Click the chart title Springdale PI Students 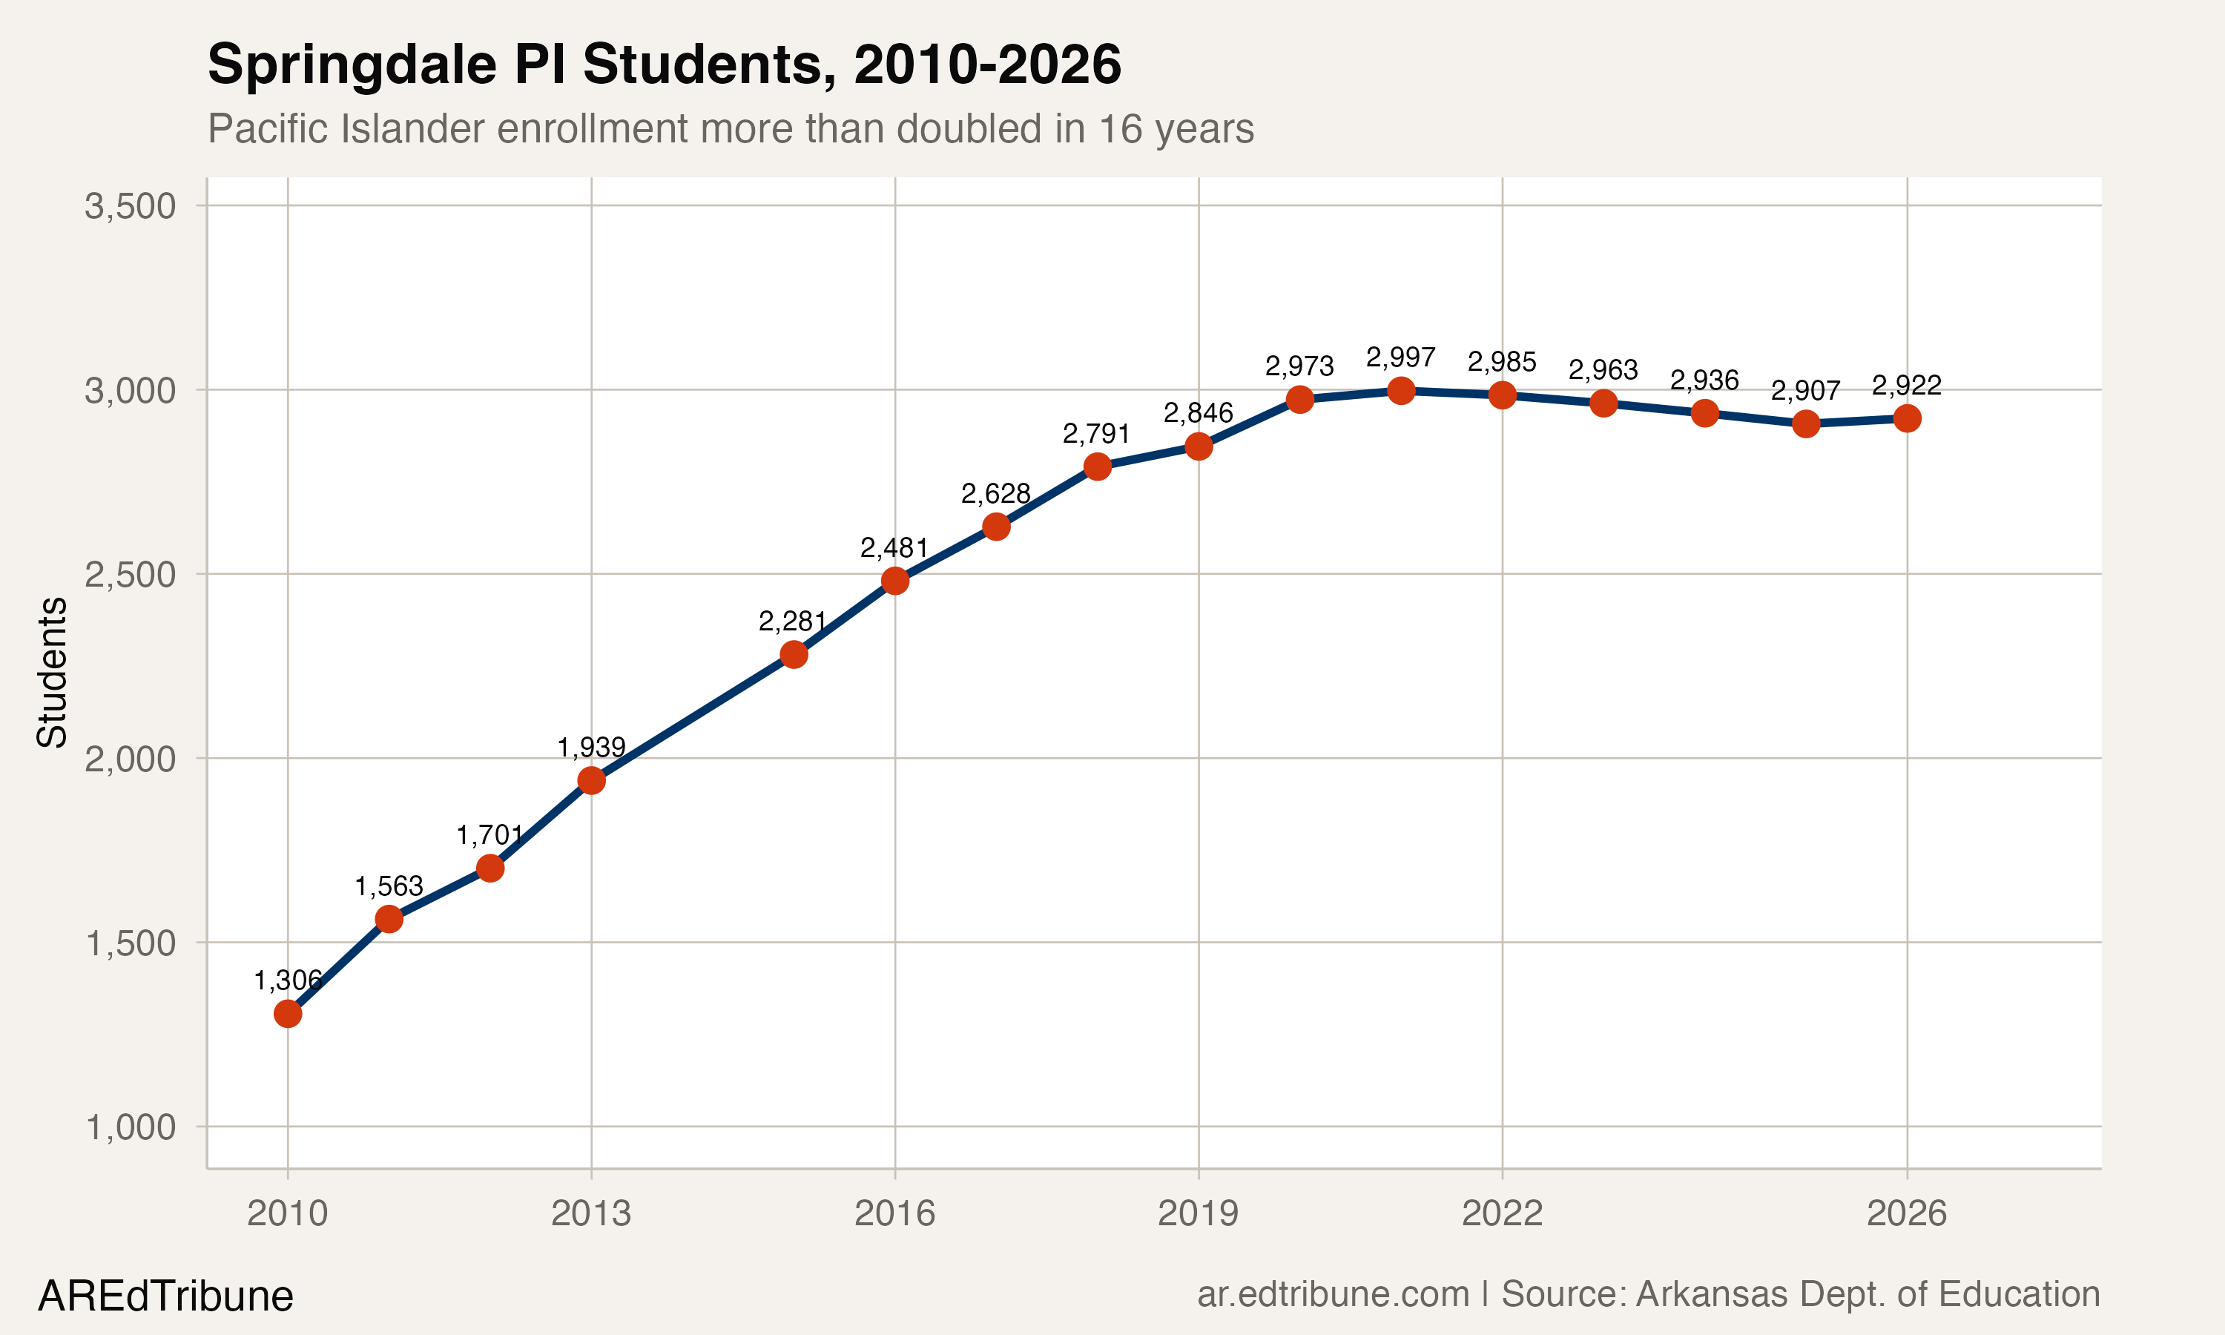(664, 65)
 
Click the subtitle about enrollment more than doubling (731, 128)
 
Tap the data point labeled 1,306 (288, 1014)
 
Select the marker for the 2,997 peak (1400, 390)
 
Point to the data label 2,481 (893, 548)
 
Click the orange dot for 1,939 (591, 780)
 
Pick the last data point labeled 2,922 (1907, 418)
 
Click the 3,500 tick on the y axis (130, 206)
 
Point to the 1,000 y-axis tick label (130, 1127)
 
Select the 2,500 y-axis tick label (130, 575)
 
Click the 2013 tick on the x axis (591, 1213)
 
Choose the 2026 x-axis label (1906, 1213)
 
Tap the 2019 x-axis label (1198, 1213)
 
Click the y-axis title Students (52, 672)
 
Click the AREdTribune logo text (165, 1296)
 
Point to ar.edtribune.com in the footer (1333, 1294)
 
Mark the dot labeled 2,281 (794, 654)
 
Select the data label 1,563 (389, 887)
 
